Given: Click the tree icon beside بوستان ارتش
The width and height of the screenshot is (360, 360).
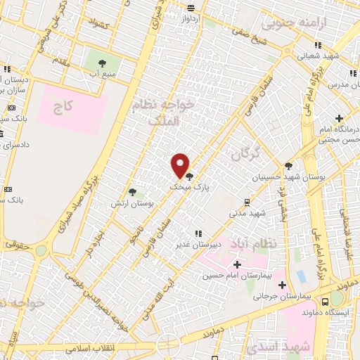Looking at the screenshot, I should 132,192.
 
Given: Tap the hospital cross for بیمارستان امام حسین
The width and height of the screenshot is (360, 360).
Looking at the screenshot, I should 236,264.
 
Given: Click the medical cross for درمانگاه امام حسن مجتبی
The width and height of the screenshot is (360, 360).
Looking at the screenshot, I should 340,118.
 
